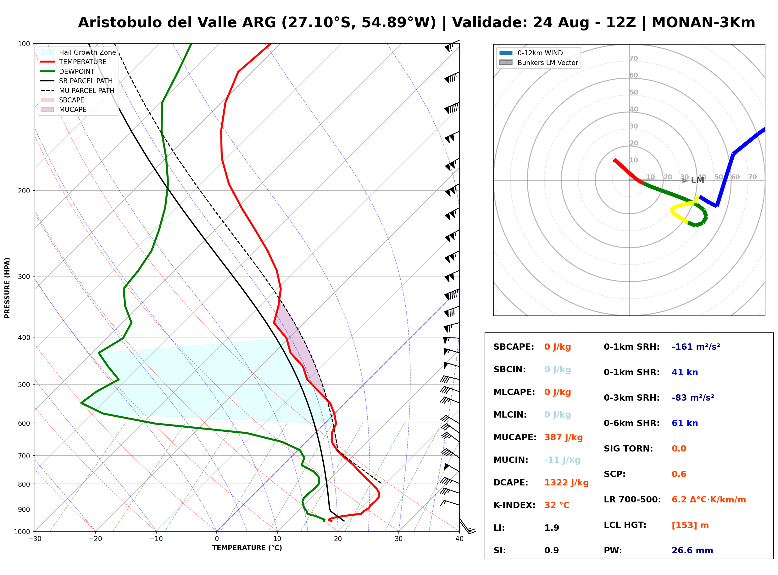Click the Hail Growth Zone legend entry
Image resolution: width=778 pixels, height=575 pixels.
(78, 52)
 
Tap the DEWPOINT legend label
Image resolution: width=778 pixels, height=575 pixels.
(77, 71)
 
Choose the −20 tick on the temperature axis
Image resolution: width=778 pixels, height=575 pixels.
(95, 539)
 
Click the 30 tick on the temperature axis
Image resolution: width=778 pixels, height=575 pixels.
(399, 539)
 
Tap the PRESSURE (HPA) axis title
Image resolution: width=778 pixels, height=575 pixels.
(7, 288)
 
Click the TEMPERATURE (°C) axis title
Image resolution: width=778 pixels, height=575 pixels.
(247, 548)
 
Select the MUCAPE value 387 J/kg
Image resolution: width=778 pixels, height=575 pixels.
(564, 437)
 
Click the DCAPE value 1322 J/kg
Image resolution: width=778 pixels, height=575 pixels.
(567, 483)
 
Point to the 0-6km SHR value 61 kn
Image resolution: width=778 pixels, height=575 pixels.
(685, 423)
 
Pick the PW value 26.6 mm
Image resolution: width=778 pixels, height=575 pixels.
(692, 550)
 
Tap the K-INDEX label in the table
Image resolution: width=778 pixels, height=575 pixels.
(514, 505)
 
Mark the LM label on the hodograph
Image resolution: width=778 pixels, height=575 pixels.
(697, 180)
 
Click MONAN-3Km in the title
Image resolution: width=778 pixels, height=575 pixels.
(703, 23)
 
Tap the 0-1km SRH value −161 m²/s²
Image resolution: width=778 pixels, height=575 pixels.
(696, 347)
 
